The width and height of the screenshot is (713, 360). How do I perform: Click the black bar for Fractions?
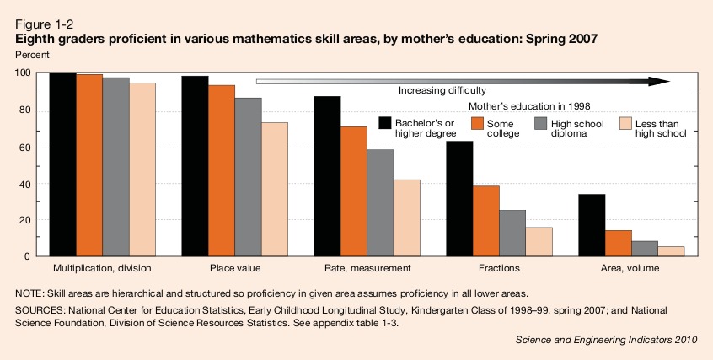[x=459, y=199]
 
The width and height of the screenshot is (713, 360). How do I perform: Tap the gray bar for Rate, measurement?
[x=381, y=202]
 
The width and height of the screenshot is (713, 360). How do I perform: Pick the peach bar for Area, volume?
[x=671, y=251]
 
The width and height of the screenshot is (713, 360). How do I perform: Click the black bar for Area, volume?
[x=592, y=225]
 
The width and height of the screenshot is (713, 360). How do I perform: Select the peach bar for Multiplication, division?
[x=142, y=169]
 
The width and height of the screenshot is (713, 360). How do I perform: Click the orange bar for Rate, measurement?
[x=354, y=191]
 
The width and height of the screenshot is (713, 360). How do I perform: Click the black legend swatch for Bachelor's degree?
[x=387, y=123]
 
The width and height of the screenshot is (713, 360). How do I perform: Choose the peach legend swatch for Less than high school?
[x=626, y=123]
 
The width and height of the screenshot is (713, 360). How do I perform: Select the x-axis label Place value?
[x=235, y=268]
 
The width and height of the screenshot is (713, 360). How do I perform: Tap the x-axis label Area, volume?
[x=630, y=268]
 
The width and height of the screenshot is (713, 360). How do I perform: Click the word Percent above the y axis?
[x=33, y=54]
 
